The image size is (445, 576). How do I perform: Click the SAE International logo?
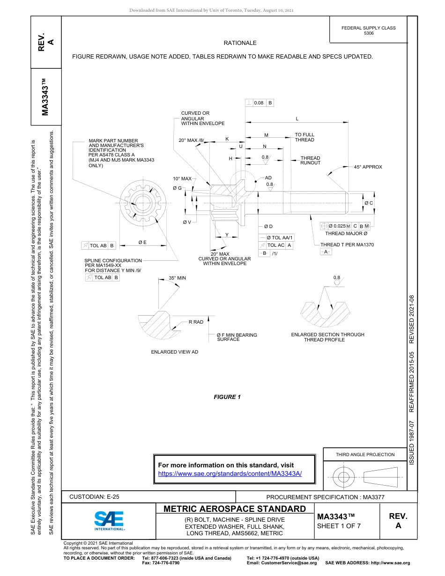(x=109, y=520)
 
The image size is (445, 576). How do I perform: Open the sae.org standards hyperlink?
(x=230, y=473)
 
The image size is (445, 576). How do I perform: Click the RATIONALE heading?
(x=240, y=43)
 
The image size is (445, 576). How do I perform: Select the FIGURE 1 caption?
(x=227, y=397)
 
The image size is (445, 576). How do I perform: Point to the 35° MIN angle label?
(x=177, y=278)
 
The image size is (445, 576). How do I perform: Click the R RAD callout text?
(x=196, y=322)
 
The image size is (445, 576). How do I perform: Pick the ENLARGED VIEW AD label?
(x=174, y=352)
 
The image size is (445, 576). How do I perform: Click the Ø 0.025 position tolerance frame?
(x=345, y=226)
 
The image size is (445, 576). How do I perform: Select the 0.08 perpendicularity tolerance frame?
(x=259, y=103)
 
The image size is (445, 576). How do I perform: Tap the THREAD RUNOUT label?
(x=310, y=161)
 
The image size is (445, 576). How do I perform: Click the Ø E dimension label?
(x=142, y=242)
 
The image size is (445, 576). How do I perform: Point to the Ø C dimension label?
(x=369, y=203)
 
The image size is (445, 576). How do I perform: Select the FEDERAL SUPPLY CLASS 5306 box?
(x=368, y=30)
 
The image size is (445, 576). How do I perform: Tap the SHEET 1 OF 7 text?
(x=339, y=525)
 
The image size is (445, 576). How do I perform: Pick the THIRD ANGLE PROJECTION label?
(x=365, y=454)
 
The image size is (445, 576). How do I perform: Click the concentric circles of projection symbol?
(x=344, y=477)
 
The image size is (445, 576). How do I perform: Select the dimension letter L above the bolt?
(x=297, y=119)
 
